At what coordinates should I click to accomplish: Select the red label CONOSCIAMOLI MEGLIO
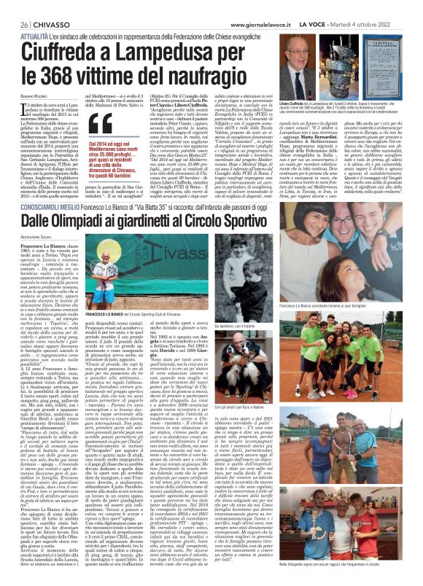pos(43,185)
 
